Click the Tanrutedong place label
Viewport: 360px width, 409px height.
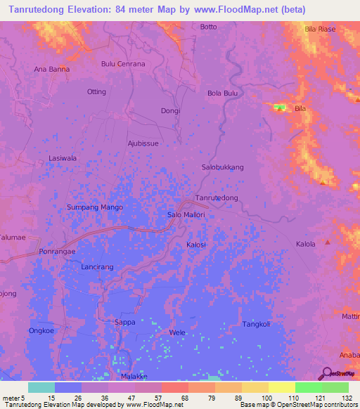coord(216,198)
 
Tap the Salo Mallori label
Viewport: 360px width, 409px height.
coord(186,214)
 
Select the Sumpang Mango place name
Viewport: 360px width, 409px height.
coord(94,207)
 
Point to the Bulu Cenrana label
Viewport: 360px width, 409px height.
coord(123,64)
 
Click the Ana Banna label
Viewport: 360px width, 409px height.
coord(51,69)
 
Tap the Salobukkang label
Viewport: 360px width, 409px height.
coord(222,167)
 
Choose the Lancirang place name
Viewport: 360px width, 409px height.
coord(97,268)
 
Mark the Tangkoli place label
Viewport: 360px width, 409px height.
coord(256,324)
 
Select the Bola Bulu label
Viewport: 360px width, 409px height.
coord(223,93)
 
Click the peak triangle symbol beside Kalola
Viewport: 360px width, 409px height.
coord(328,242)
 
